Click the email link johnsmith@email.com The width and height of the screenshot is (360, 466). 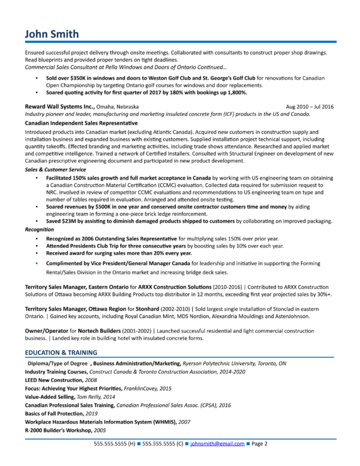click(x=217, y=444)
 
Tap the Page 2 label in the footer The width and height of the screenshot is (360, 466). click(x=258, y=444)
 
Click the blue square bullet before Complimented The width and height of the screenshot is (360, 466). click(x=38, y=263)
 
